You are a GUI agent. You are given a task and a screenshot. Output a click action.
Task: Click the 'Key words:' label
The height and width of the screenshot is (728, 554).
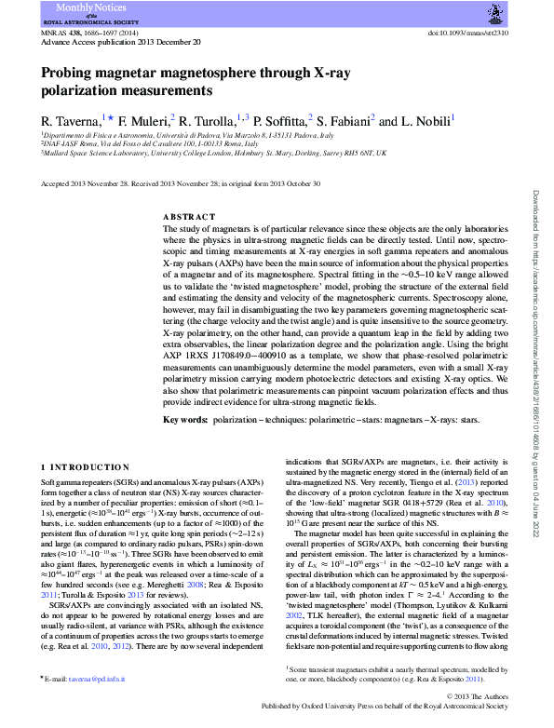[x=185, y=421]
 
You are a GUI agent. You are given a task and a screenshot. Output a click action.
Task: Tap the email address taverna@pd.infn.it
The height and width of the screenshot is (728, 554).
[x=102, y=681]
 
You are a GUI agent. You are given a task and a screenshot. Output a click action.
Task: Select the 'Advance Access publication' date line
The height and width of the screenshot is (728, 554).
[x=121, y=43]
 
